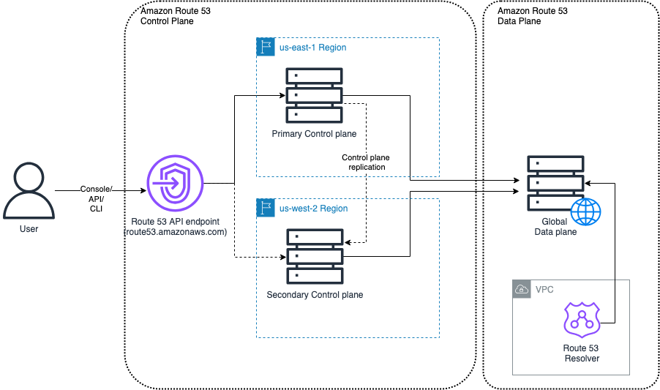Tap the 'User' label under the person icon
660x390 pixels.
coord(29,229)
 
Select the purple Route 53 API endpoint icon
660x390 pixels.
coord(175,184)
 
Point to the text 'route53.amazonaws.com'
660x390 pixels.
coord(175,231)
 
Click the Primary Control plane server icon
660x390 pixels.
coord(315,96)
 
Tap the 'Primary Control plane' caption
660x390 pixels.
coord(314,134)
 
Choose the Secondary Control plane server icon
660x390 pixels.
coord(315,256)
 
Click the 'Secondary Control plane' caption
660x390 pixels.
coord(315,295)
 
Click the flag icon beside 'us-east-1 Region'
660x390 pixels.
coord(265,47)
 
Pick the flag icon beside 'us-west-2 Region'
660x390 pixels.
coord(265,208)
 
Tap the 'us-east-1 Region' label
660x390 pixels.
coord(312,48)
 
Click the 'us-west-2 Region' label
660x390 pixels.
coord(313,209)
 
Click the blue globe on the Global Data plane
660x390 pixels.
coord(585,213)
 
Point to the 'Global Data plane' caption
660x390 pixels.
coord(559,227)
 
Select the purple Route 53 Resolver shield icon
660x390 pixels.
coord(582,320)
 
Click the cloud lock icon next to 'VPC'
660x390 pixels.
coord(522,289)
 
